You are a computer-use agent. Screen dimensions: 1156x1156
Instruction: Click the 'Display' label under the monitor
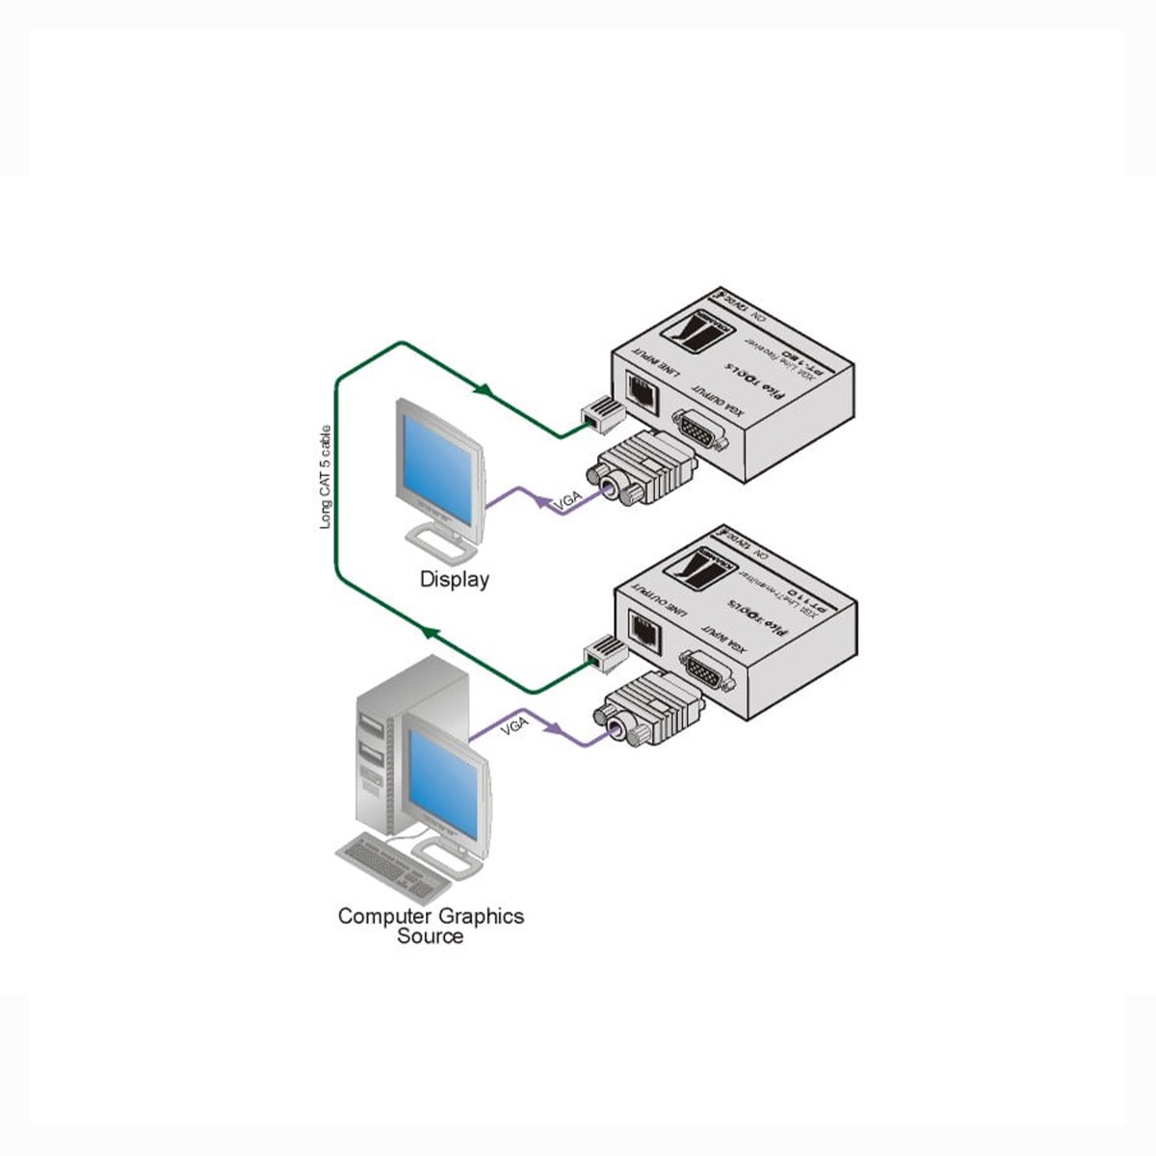pyautogui.click(x=454, y=580)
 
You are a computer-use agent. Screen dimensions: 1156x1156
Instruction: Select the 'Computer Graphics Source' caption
pyautogui.click(x=431, y=926)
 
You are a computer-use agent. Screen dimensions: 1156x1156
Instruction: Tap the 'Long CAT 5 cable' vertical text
pyautogui.click(x=326, y=477)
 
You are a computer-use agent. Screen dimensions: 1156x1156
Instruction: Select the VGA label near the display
pyautogui.click(x=567, y=503)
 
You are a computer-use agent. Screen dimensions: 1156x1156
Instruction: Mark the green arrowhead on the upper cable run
pyautogui.click(x=486, y=391)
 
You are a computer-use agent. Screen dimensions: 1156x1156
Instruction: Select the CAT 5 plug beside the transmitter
pyautogui.click(x=605, y=653)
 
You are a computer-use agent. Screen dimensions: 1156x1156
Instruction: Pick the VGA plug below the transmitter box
pyautogui.click(x=647, y=712)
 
